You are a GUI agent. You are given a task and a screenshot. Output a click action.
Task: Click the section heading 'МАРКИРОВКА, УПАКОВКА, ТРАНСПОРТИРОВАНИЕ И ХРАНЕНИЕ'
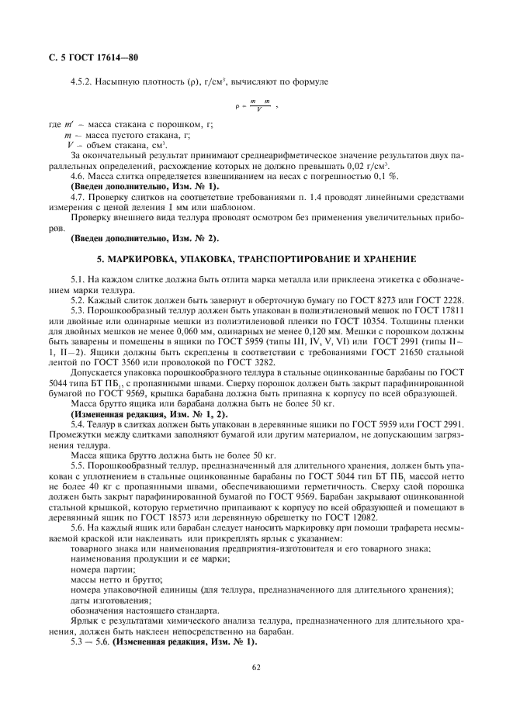pos(255,258)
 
